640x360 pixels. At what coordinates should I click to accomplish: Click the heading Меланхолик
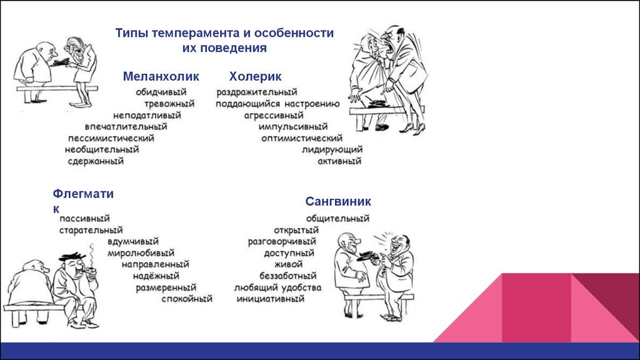161,76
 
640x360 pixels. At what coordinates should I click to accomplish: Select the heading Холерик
255,76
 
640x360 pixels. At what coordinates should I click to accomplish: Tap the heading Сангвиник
338,201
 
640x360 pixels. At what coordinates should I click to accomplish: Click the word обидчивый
161,92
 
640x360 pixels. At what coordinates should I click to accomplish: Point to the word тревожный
169,104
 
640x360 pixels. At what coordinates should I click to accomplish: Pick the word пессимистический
111,138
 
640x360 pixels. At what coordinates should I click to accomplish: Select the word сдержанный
96,161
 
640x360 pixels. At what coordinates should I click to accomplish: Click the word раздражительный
257,92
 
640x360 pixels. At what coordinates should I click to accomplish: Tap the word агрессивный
274,116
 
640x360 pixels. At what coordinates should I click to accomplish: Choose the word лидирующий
332,150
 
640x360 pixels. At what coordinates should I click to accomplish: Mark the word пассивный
84,218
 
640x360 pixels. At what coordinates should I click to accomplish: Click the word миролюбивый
141,253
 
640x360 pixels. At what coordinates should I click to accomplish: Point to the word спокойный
187,299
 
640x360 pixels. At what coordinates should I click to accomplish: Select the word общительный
337,218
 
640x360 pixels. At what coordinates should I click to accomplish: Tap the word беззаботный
288,276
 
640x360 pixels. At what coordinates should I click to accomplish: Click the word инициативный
271,299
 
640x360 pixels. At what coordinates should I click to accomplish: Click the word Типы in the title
131,33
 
